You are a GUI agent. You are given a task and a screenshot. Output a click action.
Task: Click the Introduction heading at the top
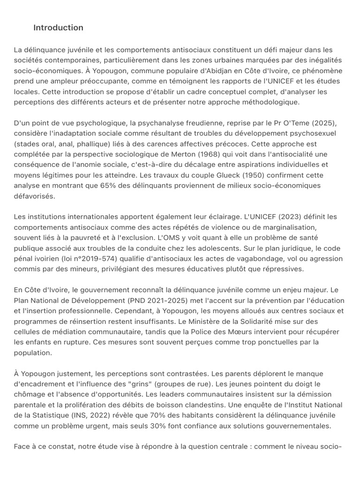pyautogui.click(x=58, y=28)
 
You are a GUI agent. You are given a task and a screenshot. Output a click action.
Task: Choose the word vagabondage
pyautogui.click(x=253, y=259)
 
